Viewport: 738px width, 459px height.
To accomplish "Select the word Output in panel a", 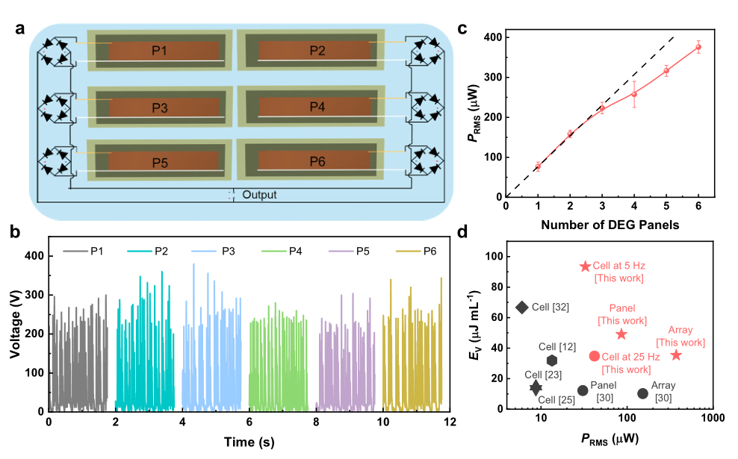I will (x=259, y=195).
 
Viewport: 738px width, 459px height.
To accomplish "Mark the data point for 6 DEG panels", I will (x=698, y=47).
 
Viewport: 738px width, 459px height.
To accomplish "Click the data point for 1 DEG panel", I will (x=538, y=166).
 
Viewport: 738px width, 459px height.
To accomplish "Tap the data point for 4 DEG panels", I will (x=634, y=94).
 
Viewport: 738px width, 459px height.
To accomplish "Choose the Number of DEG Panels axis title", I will (x=617, y=225).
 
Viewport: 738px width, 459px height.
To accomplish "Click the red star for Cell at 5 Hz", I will (x=586, y=266).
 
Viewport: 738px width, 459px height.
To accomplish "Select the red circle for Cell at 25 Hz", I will (x=595, y=356).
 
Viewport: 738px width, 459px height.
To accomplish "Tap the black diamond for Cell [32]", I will (x=522, y=307).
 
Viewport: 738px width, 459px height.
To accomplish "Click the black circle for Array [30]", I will (x=642, y=393).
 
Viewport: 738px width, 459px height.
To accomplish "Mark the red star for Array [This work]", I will (x=676, y=355).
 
